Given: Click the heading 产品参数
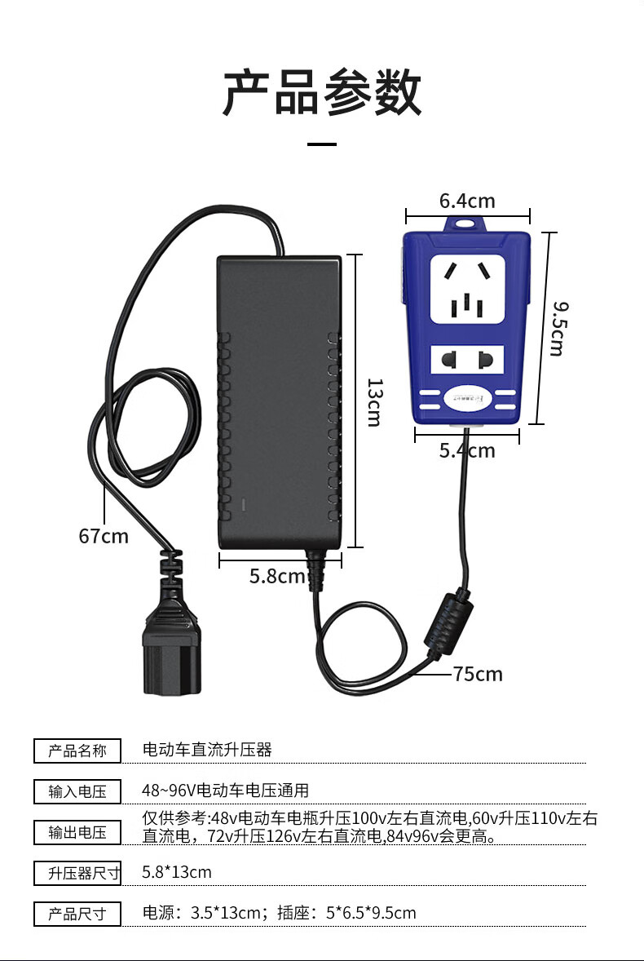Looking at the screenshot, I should click(x=323, y=93).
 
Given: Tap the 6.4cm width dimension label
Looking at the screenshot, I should click(x=467, y=201).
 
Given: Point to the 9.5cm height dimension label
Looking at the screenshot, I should click(x=558, y=328).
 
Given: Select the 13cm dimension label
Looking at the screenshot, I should click(x=374, y=401).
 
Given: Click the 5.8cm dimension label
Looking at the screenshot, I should click(x=277, y=576).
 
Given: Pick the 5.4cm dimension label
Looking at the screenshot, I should click(x=467, y=450).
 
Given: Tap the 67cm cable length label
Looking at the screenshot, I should click(x=104, y=536).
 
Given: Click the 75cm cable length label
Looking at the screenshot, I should click(x=478, y=674).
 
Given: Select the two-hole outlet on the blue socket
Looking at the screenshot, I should click(x=466, y=360).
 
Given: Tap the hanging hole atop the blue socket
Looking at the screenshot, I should click(x=466, y=222).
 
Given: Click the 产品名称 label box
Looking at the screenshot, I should click(x=77, y=751).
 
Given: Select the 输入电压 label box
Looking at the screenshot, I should click(x=77, y=791).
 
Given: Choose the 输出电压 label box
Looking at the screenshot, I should click(x=77, y=832).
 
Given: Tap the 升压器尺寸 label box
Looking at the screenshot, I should click(x=77, y=873).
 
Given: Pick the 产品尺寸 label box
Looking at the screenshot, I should click(x=77, y=914).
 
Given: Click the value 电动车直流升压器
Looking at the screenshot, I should click(x=207, y=749).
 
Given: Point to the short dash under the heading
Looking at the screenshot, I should click(x=323, y=145).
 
